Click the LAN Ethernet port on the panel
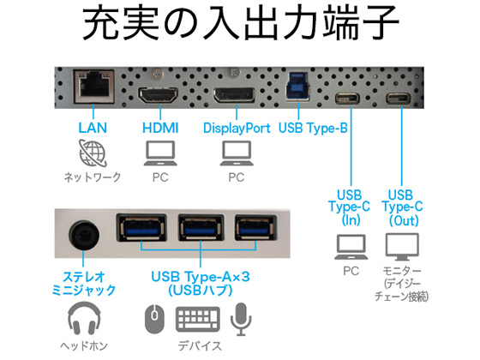click(x=93, y=87)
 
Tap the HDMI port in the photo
click(x=159, y=95)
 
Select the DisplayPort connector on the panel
click(x=234, y=95)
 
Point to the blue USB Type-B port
click(x=298, y=87)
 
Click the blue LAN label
click(x=93, y=128)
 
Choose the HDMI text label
click(x=160, y=128)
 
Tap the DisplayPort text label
click(x=237, y=128)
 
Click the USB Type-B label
click(x=313, y=128)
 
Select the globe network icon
click(x=93, y=153)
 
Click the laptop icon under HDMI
click(x=160, y=153)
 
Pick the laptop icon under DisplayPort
click(x=237, y=153)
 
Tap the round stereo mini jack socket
click(x=84, y=236)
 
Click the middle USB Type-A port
click(x=201, y=228)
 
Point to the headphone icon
click(x=84, y=318)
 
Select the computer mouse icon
click(x=154, y=319)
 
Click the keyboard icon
click(x=198, y=319)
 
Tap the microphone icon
click(x=241, y=319)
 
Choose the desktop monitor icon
click(x=402, y=247)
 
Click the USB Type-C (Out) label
click(x=402, y=207)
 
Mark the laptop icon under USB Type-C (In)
click(x=351, y=247)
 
